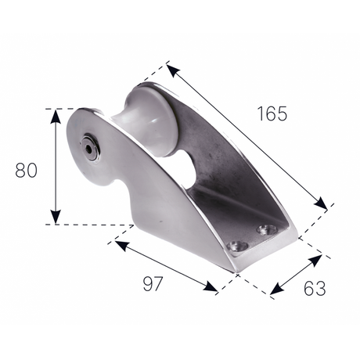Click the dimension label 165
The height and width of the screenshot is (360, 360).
pos(272,113)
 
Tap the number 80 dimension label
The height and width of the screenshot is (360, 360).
pos(27,170)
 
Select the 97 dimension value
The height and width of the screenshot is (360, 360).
pos(153,284)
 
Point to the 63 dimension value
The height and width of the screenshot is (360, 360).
pos(315,288)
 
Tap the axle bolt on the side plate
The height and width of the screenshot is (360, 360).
pos(90,148)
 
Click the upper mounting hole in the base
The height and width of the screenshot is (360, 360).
pos(267,230)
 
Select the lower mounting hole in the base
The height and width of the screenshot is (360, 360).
pos(237,246)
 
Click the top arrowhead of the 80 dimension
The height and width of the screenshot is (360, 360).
pos(56,117)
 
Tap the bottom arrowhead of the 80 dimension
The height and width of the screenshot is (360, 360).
pos(56,217)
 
